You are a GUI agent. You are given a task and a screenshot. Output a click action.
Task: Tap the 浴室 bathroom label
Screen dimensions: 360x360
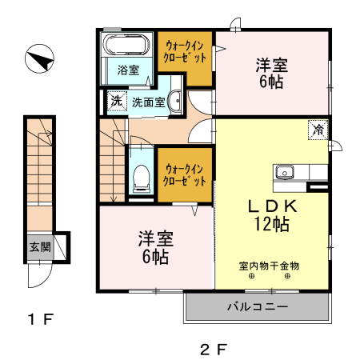(x=128, y=70)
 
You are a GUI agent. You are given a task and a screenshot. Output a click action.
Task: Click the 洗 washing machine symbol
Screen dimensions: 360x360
(x=117, y=102)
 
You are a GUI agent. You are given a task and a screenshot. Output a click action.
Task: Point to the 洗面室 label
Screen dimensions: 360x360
(x=149, y=102)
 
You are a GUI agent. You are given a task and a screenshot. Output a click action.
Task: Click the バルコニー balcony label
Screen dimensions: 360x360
(x=257, y=306)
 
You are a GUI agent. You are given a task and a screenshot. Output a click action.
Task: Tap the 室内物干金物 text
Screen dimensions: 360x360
(x=268, y=266)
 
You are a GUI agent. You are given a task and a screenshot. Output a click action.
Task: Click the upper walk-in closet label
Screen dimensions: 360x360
(x=186, y=51)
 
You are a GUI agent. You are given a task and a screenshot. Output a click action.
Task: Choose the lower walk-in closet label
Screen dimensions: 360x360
(x=186, y=174)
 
